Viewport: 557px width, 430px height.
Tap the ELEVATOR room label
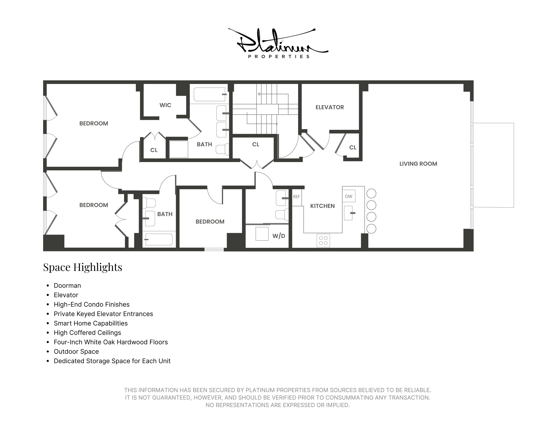pos(329,107)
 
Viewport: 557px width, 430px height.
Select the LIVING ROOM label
pos(418,164)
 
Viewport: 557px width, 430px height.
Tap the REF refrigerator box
pos(297,197)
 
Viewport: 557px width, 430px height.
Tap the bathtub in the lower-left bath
pos(159,239)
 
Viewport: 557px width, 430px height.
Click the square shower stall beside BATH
pos(179,149)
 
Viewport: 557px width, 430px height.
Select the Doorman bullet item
pos(67,286)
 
